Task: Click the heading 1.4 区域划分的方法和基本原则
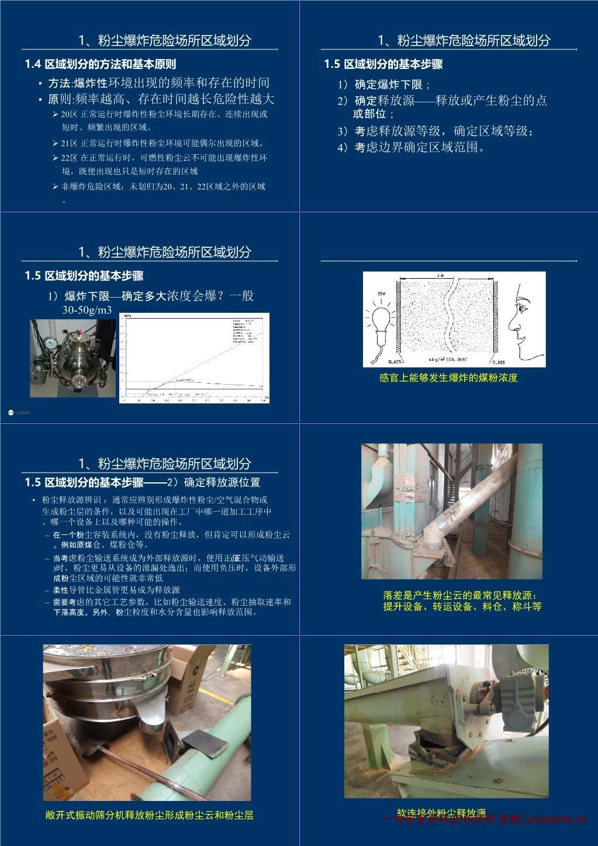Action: [x=100, y=64]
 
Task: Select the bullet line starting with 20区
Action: [x=164, y=115]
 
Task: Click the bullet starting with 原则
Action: [x=161, y=99]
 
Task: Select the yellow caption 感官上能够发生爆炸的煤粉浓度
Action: [x=448, y=378]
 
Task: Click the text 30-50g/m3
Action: [x=87, y=310]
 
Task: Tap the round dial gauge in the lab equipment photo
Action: [x=53, y=341]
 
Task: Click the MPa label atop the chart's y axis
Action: [x=128, y=316]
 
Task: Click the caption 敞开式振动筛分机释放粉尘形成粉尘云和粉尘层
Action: [x=149, y=815]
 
